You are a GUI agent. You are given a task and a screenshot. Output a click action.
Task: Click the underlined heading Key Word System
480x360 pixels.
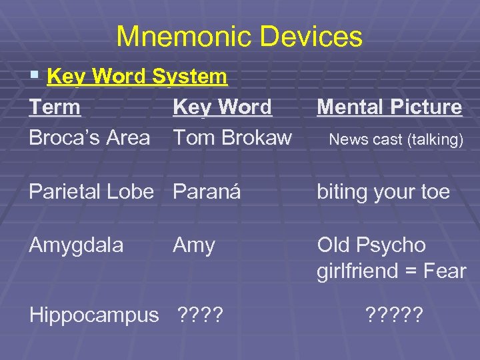(137, 77)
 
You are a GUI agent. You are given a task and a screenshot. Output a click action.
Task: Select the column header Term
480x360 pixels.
(55, 107)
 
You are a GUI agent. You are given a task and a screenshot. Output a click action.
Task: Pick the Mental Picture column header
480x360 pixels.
(389, 107)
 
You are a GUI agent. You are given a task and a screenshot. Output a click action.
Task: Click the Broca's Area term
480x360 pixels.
(89, 138)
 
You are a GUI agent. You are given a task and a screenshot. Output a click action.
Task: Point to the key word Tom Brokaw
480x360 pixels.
(232, 138)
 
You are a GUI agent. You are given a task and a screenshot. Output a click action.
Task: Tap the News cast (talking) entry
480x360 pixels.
(396, 139)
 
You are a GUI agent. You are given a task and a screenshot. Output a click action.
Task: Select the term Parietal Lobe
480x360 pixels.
(91, 192)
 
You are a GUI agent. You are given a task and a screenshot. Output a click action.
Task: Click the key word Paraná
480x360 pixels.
(206, 192)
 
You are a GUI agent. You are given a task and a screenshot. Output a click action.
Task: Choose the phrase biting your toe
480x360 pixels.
(383, 192)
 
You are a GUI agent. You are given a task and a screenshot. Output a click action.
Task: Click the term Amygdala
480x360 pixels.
(76, 245)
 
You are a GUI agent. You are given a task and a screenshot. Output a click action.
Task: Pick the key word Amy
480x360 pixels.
(193, 245)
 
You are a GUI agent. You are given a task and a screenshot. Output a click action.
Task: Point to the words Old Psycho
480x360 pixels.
(371, 245)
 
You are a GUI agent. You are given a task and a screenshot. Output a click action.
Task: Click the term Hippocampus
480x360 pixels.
(94, 315)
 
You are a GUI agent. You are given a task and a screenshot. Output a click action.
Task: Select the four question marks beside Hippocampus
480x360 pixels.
(200, 315)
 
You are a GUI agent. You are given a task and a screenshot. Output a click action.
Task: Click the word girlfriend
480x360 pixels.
(366, 271)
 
